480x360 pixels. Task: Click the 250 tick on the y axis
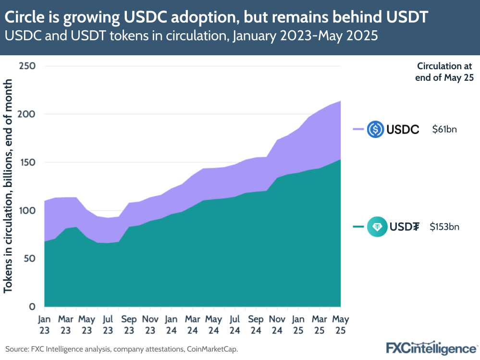click(x=28, y=66)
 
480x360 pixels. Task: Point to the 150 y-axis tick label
click(x=28, y=162)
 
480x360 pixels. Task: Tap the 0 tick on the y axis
click(x=32, y=307)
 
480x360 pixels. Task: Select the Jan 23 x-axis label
click(x=44, y=324)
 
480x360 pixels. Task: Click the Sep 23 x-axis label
click(x=129, y=324)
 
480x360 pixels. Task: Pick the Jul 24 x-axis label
click(x=235, y=324)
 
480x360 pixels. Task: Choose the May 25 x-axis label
click(x=341, y=324)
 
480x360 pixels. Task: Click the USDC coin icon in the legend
click(x=375, y=129)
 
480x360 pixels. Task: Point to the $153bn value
click(x=444, y=227)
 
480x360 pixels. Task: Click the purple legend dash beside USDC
click(x=358, y=129)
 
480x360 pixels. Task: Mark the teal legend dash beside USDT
click(x=358, y=227)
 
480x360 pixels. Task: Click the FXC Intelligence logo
click(x=431, y=348)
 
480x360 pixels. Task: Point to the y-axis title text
click(x=9, y=186)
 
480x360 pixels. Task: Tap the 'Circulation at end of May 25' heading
click(x=445, y=72)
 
